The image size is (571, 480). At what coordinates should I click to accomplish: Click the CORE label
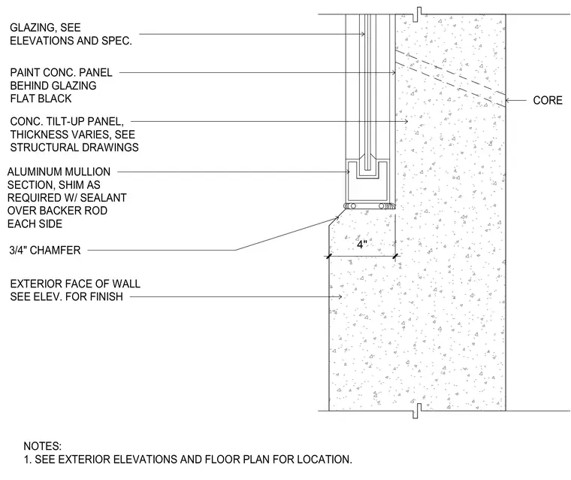coord(547,100)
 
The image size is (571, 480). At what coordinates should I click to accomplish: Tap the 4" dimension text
coord(362,245)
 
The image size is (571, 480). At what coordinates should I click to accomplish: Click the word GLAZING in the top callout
coord(32,28)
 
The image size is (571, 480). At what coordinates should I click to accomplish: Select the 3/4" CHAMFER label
coord(45,251)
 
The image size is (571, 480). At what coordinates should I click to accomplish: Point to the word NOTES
coord(43,446)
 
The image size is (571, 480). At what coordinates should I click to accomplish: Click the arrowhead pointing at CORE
coord(509,100)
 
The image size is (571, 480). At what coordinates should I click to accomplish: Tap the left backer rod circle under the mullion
coord(353,206)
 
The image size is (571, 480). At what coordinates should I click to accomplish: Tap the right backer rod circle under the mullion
coord(381,206)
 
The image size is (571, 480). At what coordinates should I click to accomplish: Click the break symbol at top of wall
coord(418,14)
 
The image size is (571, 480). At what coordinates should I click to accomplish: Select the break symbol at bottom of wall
coord(418,411)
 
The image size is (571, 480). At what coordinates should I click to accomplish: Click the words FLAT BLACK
coord(41,99)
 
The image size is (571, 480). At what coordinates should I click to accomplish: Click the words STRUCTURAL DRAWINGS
coord(74,147)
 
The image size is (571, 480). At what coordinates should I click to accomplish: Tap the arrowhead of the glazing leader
coord(362,35)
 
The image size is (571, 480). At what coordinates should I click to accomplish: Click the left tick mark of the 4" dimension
coord(329,257)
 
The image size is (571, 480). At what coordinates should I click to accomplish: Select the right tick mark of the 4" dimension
coord(395,257)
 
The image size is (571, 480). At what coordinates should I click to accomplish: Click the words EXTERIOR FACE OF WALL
coord(75,284)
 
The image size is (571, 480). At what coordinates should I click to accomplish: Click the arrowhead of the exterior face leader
coord(340,297)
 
